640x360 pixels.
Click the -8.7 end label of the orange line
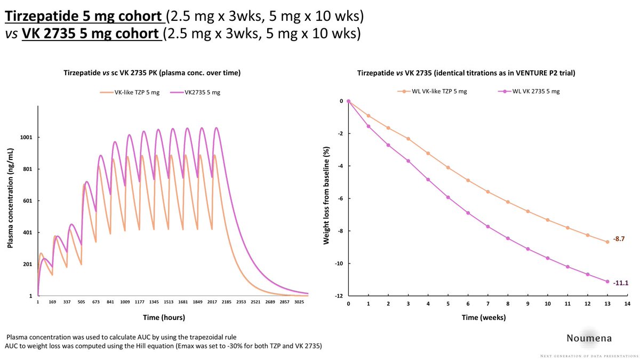click(620, 240)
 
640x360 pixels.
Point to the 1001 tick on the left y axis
click(25, 137)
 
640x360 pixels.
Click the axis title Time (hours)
click(164, 317)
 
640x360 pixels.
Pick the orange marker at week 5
click(449, 167)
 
